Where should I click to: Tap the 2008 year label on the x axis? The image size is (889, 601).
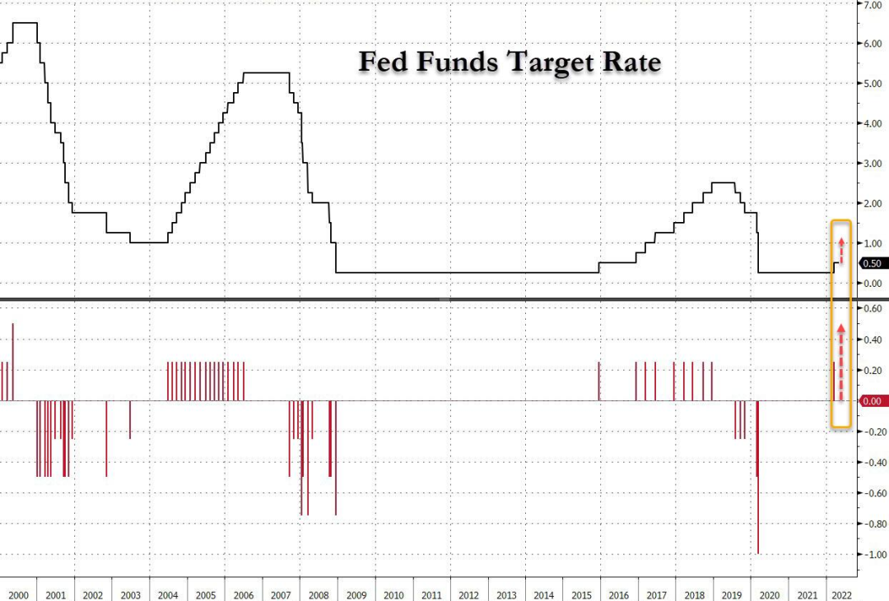tap(318, 594)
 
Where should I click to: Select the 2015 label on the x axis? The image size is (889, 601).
tap(581, 594)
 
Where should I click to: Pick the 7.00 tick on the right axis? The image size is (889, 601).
tap(872, 5)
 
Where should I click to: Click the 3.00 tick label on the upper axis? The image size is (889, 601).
tap(872, 164)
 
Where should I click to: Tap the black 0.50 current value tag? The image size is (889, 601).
tap(873, 263)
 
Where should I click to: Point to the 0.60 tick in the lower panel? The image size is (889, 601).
tap(873, 309)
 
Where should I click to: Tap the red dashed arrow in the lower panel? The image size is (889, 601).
tap(841, 362)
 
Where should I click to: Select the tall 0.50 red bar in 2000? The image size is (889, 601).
tap(13, 362)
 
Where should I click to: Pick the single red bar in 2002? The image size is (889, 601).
tap(106, 438)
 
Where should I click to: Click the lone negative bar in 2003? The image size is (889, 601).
tap(129, 419)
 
